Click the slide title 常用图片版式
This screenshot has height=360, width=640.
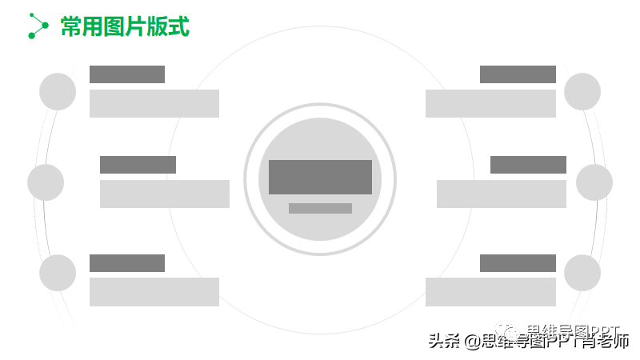click(125, 26)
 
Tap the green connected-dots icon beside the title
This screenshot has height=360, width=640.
click(38, 26)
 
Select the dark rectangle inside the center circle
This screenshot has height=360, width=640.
click(320, 177)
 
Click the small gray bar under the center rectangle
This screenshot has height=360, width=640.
click(320, 208)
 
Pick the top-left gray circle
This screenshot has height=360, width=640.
click(58, 91)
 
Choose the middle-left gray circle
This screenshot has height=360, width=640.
click(46, 182)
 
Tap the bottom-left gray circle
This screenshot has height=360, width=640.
click(58, 273)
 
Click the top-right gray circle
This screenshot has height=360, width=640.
click(582, 91)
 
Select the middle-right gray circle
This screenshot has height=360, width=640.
click(594, 182)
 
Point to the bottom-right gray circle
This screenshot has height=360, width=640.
click(582, 273)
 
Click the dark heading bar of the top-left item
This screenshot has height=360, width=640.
click(127, 74)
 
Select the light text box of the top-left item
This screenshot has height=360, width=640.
click(154, 103)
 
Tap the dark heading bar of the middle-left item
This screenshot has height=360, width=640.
click(138, 165)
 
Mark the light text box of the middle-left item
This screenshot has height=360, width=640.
click(165, 194)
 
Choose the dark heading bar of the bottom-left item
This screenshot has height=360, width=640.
click(127, 263)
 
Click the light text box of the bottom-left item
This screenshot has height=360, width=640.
click(154, 292)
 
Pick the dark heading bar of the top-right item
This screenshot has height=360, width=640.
click(518, 74)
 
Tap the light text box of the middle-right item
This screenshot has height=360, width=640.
click(502, 194)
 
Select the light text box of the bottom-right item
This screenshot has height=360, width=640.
click(490, 292)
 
